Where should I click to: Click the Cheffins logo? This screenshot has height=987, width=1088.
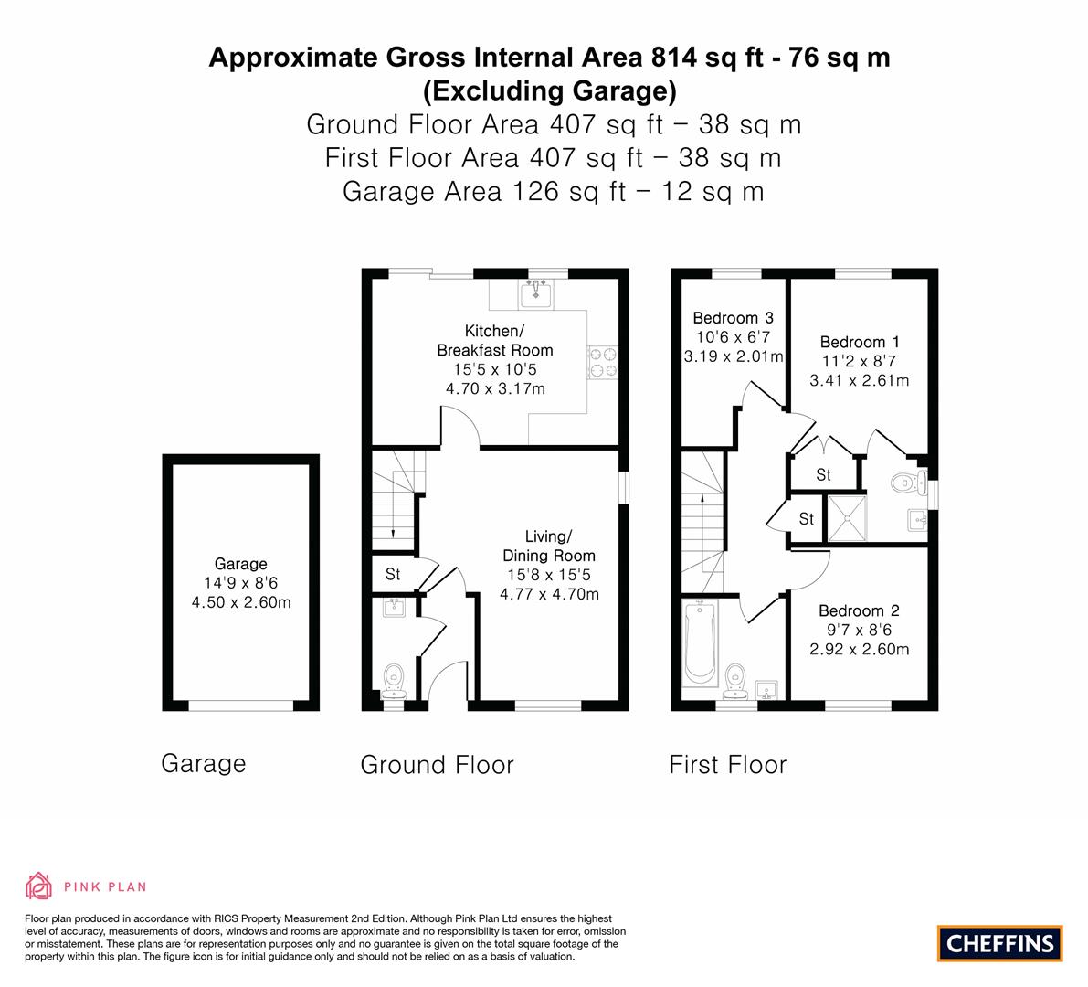(1000, 943)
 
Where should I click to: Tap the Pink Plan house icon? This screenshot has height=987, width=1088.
(39, 886)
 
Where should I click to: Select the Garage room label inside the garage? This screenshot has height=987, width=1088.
(241, 564)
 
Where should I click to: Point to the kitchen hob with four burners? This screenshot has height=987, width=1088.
(603, 362)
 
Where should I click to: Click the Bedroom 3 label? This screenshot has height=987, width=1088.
(734, 318)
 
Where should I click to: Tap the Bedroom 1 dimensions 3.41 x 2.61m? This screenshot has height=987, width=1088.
(859, 380)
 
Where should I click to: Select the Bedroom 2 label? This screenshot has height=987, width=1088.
(859, 610)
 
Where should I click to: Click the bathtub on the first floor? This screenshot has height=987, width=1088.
(700, 642)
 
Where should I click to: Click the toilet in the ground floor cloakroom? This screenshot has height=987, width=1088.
(394, 680)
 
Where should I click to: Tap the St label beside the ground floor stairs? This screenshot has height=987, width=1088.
(393, 574)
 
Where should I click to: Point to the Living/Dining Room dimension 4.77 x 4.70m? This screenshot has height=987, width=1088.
(550, 594)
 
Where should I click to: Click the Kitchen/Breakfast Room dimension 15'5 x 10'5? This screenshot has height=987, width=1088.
(495, 369)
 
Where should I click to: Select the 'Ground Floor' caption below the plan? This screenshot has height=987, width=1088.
(438, 765)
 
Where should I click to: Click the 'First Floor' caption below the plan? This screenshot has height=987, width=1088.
(728, 765)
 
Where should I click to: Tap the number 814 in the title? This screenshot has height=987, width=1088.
(674, 57)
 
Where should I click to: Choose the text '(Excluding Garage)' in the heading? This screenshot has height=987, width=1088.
(550, 90)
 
